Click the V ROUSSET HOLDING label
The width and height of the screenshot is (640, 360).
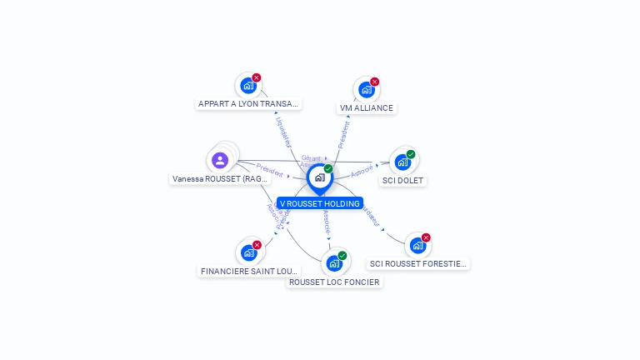pyautogui.click(x=320, y=203)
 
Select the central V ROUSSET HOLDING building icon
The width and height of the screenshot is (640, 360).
pyautogui.click(x=319, y=177)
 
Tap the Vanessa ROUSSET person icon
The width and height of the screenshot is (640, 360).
pyautogui.click(x=220, y=160)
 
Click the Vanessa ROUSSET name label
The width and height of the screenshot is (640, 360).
pyautogui.click(x=220, y=179)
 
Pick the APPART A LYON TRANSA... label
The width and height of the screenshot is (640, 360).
pyautogui.click(x=248, y=104)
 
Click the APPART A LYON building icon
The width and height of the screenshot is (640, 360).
pyautogui.click(x=247, y=86)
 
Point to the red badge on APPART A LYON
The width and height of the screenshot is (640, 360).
pyautogui.click(x=257, y=77)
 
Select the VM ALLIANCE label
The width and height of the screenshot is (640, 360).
pyautogui.click(x=367, y=108)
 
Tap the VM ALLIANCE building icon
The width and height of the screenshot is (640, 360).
pyautogui.click(x=366, y=90)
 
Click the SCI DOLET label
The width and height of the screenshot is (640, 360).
pyautogui.click(x=402, y=180)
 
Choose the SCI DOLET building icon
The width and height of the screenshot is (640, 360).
pyautogui.click(x=402, y=162)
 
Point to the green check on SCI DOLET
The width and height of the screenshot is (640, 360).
pyautogui.click(x=411, y=154)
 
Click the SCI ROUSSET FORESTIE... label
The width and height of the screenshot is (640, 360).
pyautogui.click(x=418, y=264)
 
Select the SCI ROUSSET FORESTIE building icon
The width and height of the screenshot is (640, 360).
pyautogui.click(x=417, y=246)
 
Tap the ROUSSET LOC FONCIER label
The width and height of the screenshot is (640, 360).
pyautogui.click(x=334, y=282)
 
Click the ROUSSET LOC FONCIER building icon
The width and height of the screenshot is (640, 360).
pyautogui.click(x=333, y=264)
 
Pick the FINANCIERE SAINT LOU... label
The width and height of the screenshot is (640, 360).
pyautogui.click(x=249, y=271)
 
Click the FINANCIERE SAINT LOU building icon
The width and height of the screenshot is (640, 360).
pyautogui.click(x=247, y=252)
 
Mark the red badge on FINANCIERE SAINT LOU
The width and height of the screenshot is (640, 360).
pyautogui.click(x=257, y=245)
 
